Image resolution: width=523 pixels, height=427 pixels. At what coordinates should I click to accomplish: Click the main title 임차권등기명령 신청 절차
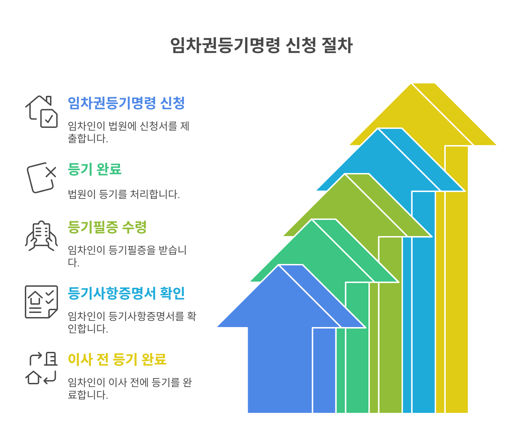tap(261, 45)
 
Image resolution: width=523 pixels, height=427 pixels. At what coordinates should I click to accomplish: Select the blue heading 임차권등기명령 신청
tap(126, 103)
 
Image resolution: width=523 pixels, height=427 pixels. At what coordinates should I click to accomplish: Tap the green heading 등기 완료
tap(95, 169)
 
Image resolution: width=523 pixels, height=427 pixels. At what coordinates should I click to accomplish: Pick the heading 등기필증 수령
tap(107, 227)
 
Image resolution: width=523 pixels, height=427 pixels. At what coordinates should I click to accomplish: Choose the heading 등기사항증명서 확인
tap(126, 293)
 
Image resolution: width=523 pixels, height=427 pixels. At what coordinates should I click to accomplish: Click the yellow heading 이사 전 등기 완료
tap(117, 359)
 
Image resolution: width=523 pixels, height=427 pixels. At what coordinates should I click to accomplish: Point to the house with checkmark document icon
tap(41, 112)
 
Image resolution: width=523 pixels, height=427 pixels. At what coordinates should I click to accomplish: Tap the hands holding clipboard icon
tap(41, 236)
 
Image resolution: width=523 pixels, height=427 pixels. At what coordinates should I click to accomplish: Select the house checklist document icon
tap(41, 302)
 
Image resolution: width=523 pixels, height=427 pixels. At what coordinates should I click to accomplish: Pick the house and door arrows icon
tap(41, 368)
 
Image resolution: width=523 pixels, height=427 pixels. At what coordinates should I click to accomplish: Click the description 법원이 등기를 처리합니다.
tap(124, 194)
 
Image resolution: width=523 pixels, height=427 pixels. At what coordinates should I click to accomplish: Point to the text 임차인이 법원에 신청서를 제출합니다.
tap(128, 132)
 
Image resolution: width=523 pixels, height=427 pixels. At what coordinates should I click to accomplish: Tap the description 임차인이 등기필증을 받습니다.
tap(127, 256)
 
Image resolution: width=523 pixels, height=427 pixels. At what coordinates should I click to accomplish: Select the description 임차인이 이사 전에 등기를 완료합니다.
tap(130, 388)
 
